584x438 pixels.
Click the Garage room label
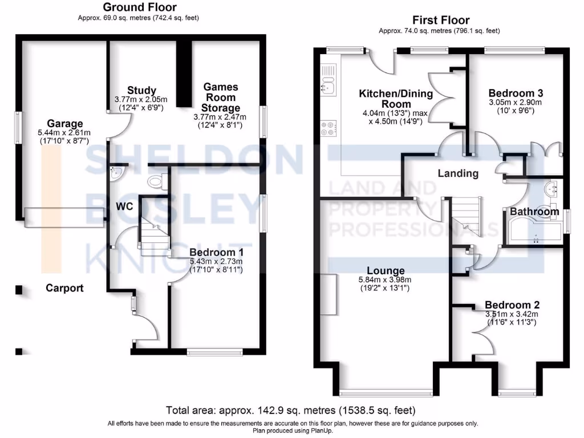(x=64, y=124)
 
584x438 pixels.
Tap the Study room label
(x=141, y=90)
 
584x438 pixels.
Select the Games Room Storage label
(x=221, y=97)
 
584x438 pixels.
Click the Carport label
(x=64, y=288)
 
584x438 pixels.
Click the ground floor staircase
(x=152, y=234)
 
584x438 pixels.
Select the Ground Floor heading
(x=139, y=7)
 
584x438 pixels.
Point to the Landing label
(x=458, y=173)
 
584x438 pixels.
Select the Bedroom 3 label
(x=516, y=93)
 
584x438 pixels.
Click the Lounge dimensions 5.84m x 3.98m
(x=385, y=279)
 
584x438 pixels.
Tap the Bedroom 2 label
(x=512, y=305)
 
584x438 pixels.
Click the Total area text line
(x=291, y=410)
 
